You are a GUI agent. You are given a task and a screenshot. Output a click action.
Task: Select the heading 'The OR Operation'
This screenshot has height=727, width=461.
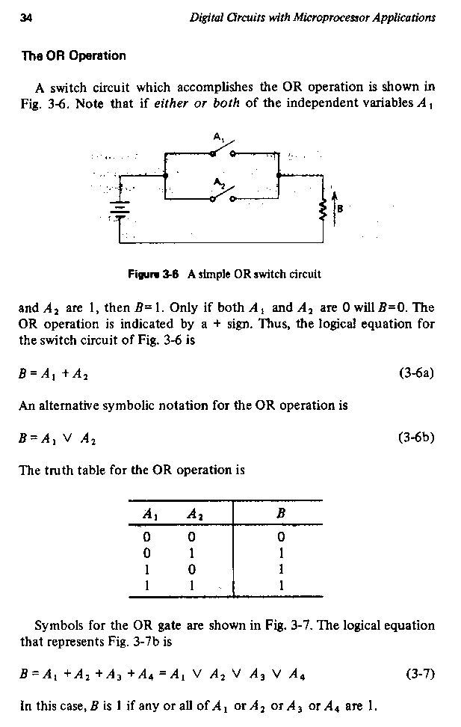[68, 55]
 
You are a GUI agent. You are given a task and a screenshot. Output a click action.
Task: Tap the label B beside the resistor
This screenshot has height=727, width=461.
[339, 209]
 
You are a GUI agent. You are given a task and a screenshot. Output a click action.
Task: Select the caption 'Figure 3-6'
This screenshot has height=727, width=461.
[150, 274]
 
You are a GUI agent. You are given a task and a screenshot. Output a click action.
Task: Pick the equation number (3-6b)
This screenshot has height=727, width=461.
[416, 438]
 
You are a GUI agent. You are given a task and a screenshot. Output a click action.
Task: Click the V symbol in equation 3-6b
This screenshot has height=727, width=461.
[67, 438]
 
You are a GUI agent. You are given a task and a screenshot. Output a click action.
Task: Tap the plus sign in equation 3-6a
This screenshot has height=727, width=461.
[66, 373]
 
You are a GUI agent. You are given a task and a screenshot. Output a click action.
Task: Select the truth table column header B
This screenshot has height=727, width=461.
[279, 515]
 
